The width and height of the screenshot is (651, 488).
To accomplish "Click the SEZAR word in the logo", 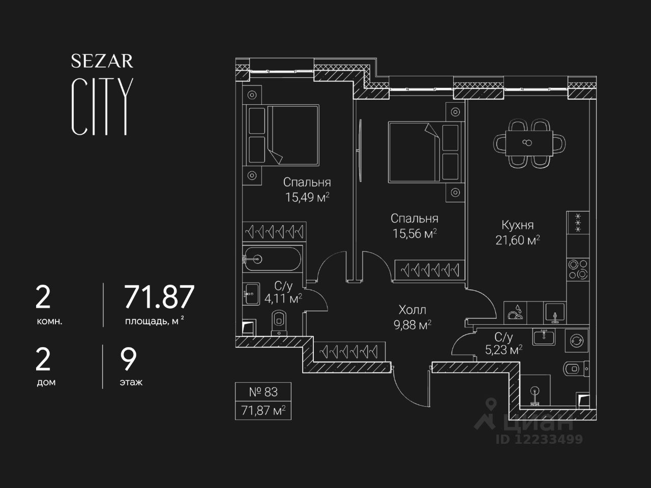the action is pyautogui.click(x=102, y=61).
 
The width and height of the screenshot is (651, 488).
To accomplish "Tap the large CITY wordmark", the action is pyautogui.click(x=102, y=107).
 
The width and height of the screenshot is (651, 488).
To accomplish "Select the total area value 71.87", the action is pyautogui.click(x=159, y=297).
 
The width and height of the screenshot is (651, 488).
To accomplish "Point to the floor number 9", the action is pyautogui.click(x=128, y=360).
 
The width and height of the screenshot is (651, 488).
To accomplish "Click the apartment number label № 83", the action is pyautogui.click(x=263, y=392).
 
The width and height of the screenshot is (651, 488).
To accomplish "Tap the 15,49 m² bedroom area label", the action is pyautogui.click(x=307, y=197).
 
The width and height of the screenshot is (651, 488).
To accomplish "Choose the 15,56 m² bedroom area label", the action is pyautogui.click(x=415, y=234).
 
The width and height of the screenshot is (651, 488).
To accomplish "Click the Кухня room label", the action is pyautogui.click(x=517, y=225).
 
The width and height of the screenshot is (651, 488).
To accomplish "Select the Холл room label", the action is pyautogui.click(x=412, y=310).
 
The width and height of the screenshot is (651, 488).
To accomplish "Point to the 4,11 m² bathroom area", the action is pyautogui.click(x=283, y=299).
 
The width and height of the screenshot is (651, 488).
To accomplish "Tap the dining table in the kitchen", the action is pyautogui.click(x=529, y=142).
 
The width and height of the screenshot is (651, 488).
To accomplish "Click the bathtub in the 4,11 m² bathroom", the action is pyautogui.click(x=272, y=259).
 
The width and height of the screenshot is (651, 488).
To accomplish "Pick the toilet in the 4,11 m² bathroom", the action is pyautogui.click(x=279, y=320).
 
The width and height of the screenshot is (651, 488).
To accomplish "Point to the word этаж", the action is pyautogui.click(x=131, y=382).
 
